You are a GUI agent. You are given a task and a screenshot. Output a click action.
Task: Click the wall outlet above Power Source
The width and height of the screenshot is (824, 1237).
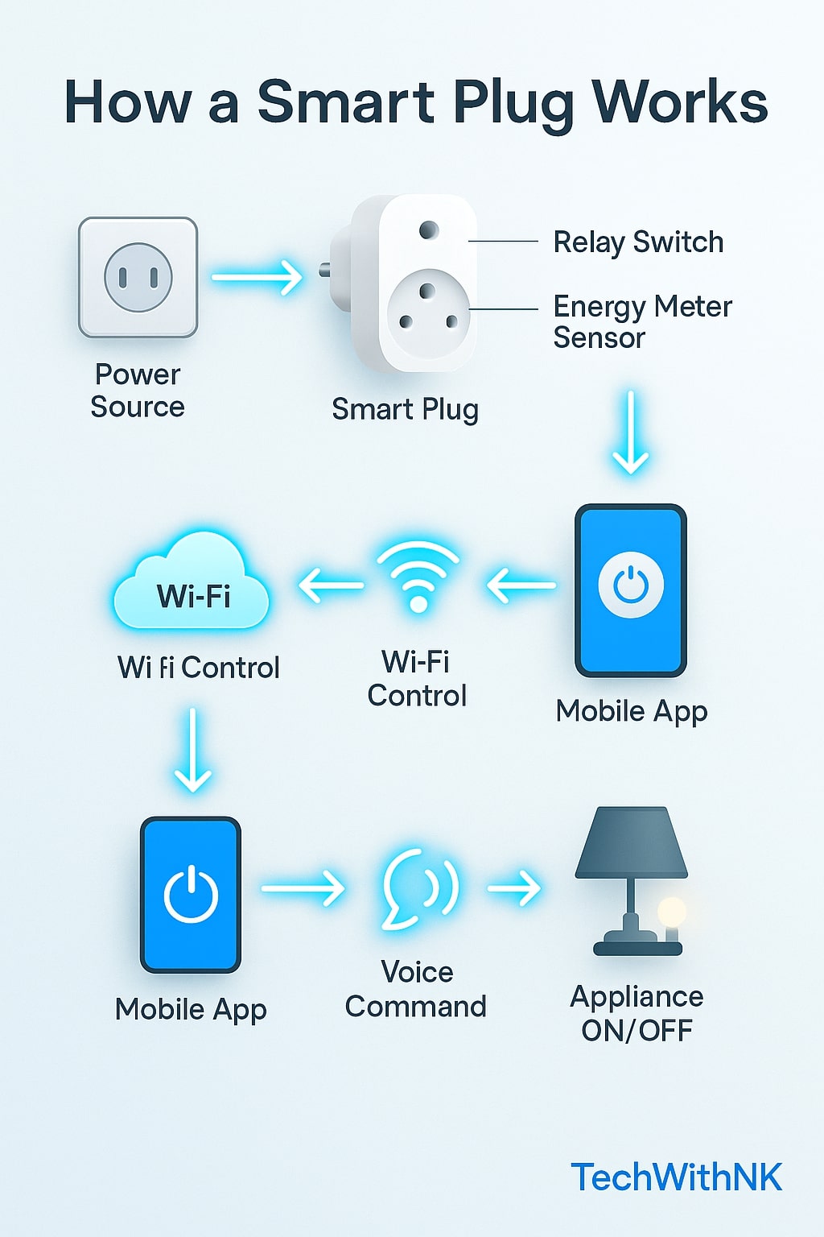[x=138, y=277]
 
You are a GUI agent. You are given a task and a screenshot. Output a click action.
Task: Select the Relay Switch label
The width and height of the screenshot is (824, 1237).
[x=638, y=242]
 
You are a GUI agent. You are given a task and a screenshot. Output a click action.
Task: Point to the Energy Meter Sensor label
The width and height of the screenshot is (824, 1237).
[x=642, y=321]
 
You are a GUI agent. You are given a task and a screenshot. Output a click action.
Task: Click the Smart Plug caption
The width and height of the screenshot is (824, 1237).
[x=405, y=409]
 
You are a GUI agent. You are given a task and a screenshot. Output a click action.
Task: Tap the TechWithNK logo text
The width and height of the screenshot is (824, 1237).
[x=676, y=1177]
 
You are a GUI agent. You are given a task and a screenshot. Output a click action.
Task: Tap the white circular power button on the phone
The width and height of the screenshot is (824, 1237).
[x=631, y=585]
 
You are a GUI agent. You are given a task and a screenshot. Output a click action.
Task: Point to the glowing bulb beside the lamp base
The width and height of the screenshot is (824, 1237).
[x=671, y=913]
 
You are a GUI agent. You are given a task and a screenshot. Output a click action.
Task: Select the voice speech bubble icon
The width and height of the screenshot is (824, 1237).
[x=419, y=888]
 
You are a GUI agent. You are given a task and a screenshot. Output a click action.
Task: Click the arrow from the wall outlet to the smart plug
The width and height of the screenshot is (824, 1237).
[x=257, y=278]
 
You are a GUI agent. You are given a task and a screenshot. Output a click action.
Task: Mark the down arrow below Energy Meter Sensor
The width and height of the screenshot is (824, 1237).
[x=631, y=432]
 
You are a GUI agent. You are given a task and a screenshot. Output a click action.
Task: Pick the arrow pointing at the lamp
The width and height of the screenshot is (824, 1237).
[x=514, y=888]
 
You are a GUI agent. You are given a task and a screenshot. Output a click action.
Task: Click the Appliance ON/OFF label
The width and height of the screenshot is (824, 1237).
[x=637, y=1013]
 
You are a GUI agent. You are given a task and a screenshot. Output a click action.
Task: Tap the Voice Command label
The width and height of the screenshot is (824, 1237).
[x=416, y=989]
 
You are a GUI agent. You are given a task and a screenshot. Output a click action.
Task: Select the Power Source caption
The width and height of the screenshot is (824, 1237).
[x=138, y=391]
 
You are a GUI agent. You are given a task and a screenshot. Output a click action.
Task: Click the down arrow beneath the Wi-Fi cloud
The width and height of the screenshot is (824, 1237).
[x=193, y=750]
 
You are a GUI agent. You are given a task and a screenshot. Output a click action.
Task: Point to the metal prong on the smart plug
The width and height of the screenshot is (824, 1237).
[x=325, y=269]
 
